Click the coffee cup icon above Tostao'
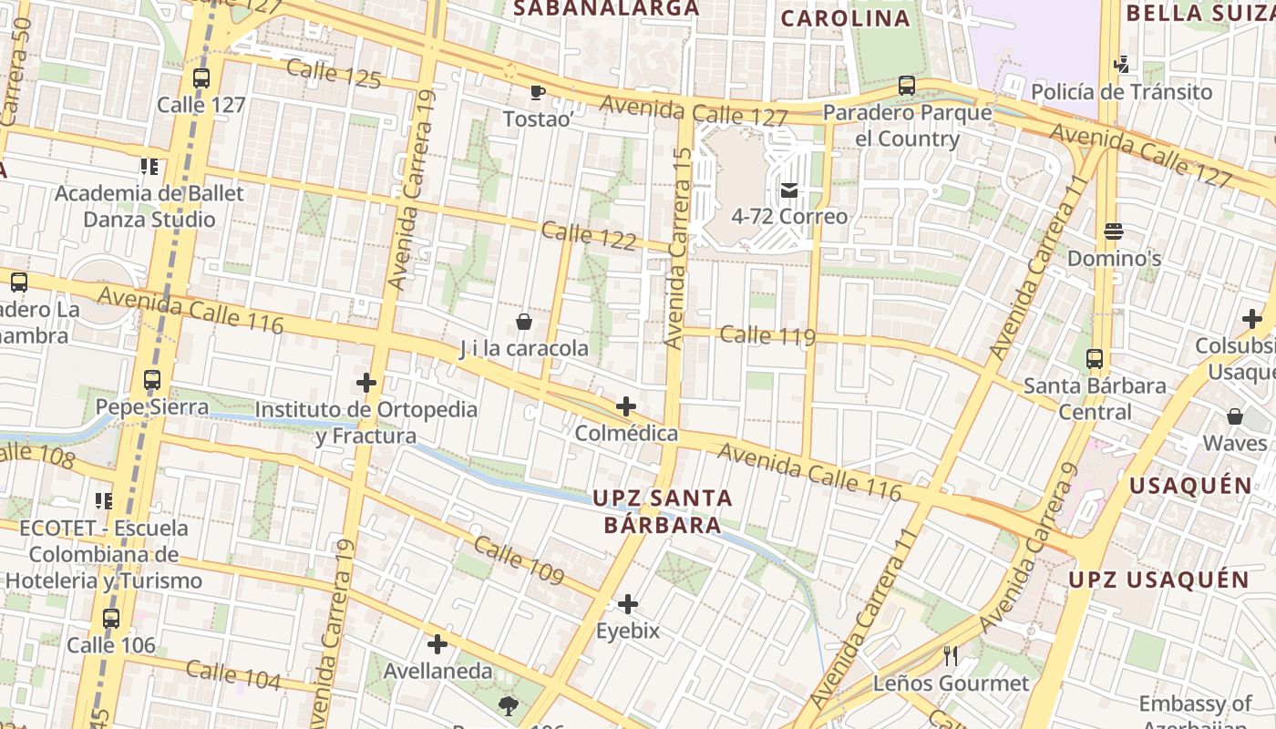pyautogui.click(x=537, y=92)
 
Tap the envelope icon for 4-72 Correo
pyautogui.click(x=788, y=190)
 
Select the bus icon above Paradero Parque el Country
pyautogui.click(x=906, y=86)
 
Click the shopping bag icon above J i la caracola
pyautogui.click(x=524, y=322)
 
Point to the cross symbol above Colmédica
pyautogui.click(x=626, y=406)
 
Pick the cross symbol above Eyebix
pyautogui.click(x=628, y=604)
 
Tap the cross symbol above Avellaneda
pyautogui.click(x=437, y=645)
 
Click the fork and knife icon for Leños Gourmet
pyautogui.click(x=951, y=655)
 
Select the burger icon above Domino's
pyautogui.click(x=1113, y=231)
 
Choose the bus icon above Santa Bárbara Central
pyautogui.click(x=1095, y=359)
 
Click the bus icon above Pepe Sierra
pyautogui.click(x=152, y=380)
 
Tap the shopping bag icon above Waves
pyautogui.click(x=1235, y=416)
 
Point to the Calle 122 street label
pyautogui.click(x=589, y=236)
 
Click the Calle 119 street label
pyautogui.click(x=767, y=335)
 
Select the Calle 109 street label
pyautogui.click(x=519, y=560)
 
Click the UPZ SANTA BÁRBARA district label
pyautogui.click(x=663, y=511)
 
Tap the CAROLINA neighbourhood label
pyautogui.click(x=846, y=18)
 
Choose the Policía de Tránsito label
pyautogui.click(x=1121, y=92)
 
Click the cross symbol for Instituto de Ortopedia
pyautogui.click(x=366, y=383)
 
